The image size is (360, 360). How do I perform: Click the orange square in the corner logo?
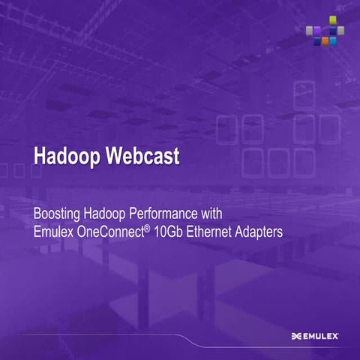(325, 41)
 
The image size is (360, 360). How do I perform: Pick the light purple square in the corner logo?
(316, 31)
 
